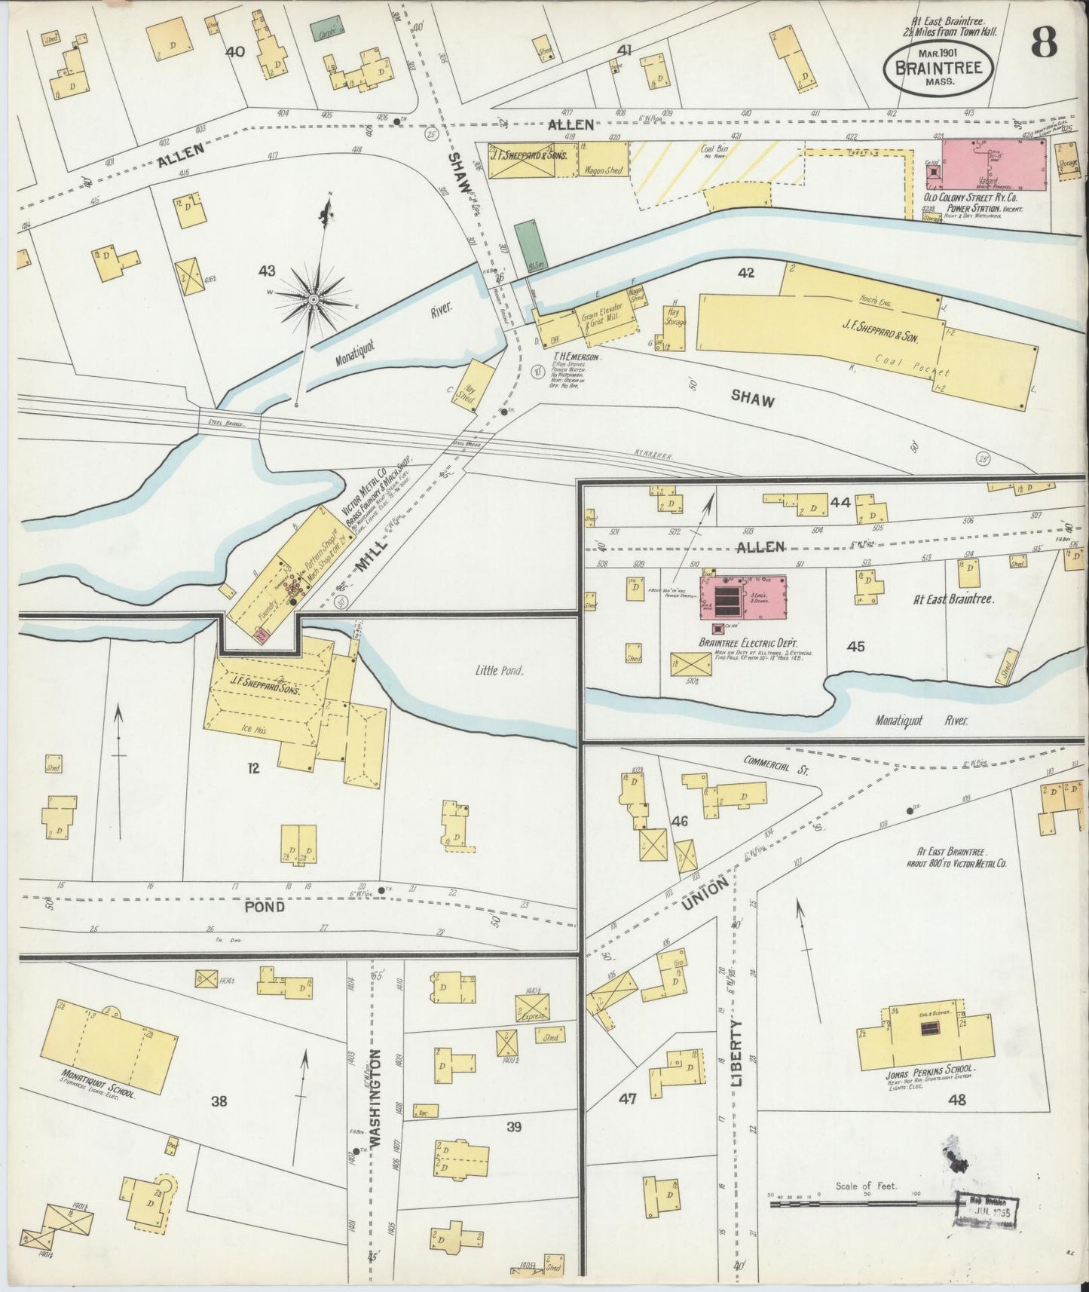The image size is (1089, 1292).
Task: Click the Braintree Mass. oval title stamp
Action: [938, 67]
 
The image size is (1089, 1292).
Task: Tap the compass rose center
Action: [313, 301]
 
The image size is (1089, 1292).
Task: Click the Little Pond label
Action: [500, 669]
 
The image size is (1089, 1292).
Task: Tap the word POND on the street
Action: [265, 907]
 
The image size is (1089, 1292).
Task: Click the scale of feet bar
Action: [859, 1205]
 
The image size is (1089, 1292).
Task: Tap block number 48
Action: [957, 1100]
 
